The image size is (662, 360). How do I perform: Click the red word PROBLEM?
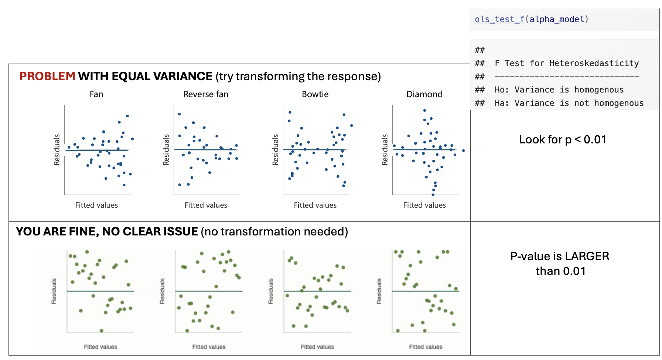coord(47,76)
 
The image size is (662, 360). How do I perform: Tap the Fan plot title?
coord(96,94)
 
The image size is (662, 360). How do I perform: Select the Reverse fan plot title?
coord(206,94)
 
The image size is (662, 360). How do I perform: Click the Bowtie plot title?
coord(315,94)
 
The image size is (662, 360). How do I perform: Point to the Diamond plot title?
coord(424,94)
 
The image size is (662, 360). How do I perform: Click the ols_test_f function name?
coord(499,19)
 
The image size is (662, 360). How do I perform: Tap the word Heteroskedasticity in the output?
coord(594,64)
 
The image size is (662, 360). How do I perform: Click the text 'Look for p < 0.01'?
coord(563,139)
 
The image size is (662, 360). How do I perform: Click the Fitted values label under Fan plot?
coord(96,205)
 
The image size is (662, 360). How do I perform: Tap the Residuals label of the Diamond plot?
coord(385,150)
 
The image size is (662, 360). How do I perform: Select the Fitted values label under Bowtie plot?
coord(315,205)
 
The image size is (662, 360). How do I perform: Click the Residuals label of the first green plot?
coord(54,291)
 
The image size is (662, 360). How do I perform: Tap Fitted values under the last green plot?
coord(426,347)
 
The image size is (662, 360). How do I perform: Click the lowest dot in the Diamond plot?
coord(433,194)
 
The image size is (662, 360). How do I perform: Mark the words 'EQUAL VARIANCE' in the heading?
coord(162,76)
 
